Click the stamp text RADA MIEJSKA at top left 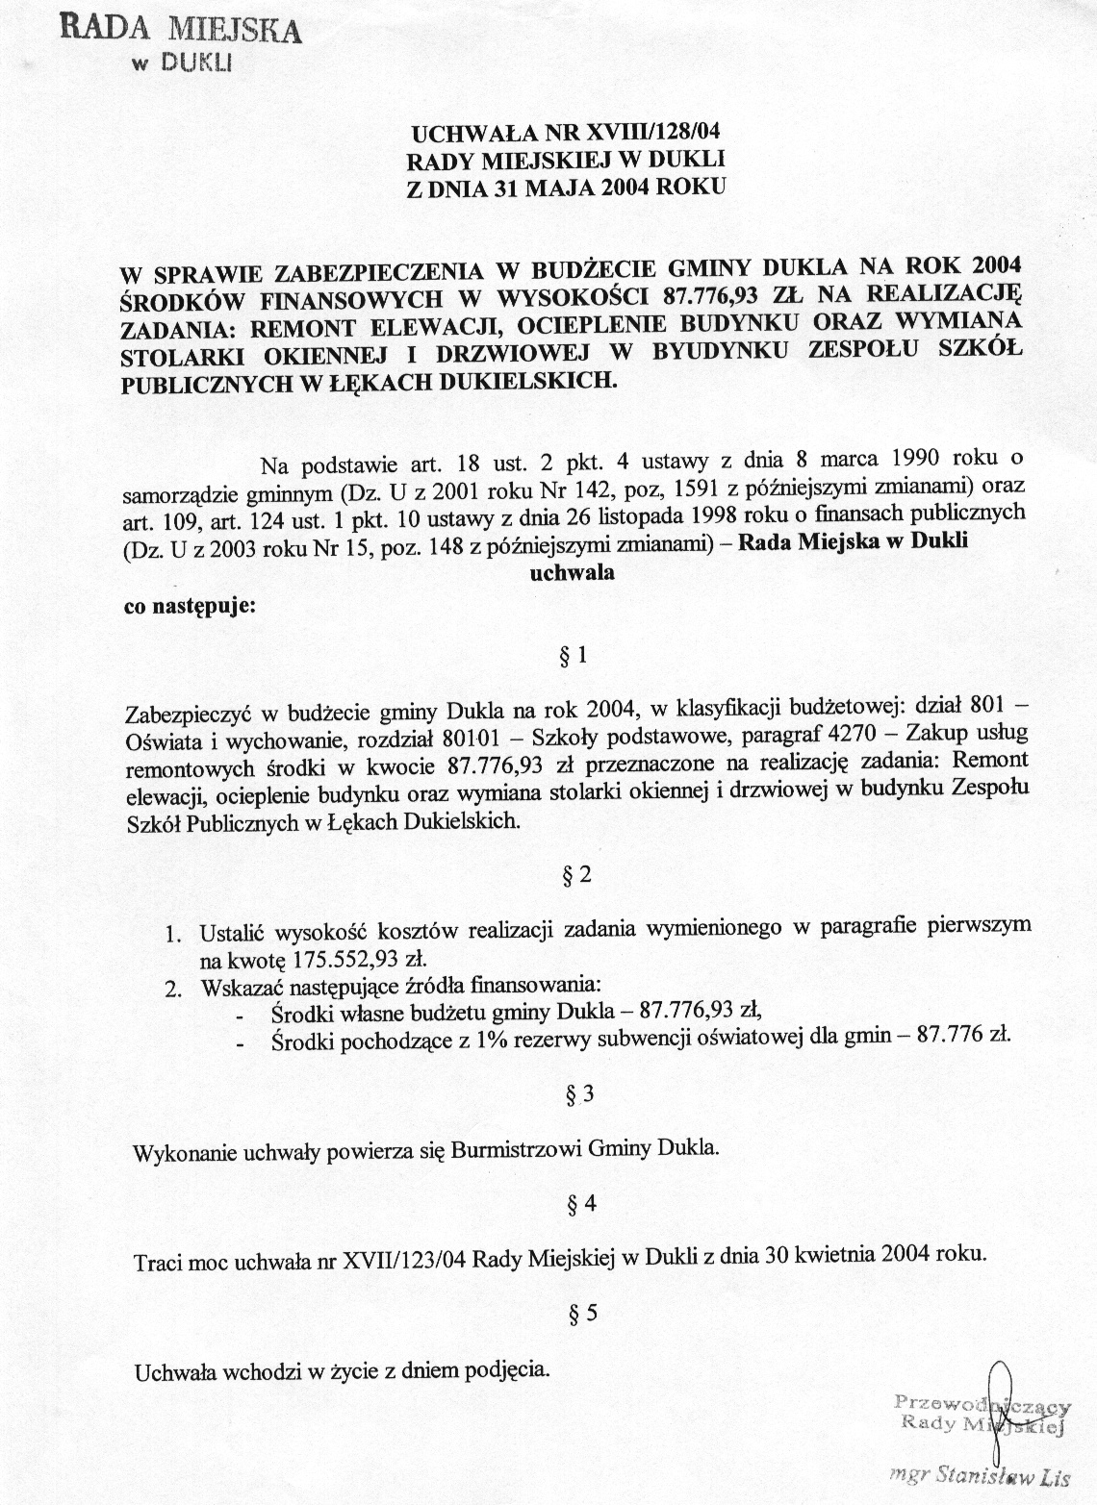181,27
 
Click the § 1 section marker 573,656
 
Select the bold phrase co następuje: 190,608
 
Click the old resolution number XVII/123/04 406,1259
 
